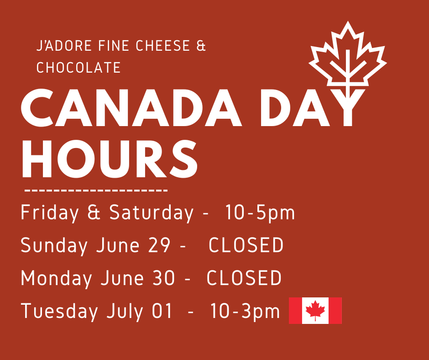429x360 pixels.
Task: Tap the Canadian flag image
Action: (x=315, y=310)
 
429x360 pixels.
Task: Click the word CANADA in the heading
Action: (x=131, y=108)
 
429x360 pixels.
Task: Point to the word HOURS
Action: (x=110, y=159)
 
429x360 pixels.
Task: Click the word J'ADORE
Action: (x=64, y=46)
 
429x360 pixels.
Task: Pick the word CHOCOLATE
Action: (x=78, y=68)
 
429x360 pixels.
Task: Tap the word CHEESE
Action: (x=163, y=46)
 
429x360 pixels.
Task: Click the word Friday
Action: (x=49, y=213)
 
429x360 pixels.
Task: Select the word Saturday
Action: (x=152, y=213)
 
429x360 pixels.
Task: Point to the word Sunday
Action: (x=54, y=245)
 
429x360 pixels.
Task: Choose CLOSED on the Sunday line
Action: (x=246, y=245)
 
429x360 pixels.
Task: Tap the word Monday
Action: (x=56, y=278)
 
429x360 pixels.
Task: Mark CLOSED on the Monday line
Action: (x=244, y=278)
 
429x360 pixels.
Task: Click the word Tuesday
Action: (x=59, y=311)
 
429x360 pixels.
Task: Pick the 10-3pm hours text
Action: (x=245, y=312)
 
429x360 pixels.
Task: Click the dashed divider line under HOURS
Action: (x=96, y=190)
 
